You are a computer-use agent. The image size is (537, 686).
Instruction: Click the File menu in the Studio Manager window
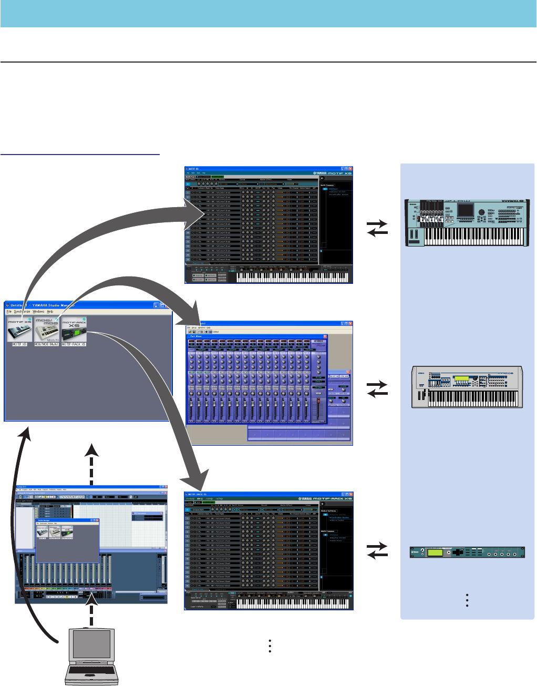(x=9, y=312)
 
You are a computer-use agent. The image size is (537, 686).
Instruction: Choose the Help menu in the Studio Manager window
(x=50, y=312)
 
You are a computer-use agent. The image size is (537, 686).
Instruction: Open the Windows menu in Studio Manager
(x=38, y=312)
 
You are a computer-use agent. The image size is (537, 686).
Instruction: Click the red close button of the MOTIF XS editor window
(x=350, y=169)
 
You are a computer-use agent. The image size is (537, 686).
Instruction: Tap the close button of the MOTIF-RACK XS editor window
(x=350, y=495)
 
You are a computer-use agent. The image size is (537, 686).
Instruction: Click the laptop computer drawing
(x=92, y=657)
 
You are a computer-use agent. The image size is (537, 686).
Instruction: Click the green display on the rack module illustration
(x=435, y=553)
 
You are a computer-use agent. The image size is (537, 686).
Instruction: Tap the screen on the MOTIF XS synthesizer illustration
(x=465, y=210)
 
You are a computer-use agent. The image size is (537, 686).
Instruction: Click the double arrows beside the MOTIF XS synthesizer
(x=377, y=228)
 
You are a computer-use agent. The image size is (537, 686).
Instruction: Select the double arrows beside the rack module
(x=377, y=551)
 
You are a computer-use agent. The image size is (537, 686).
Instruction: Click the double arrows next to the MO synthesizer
(x=377, y=389)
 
